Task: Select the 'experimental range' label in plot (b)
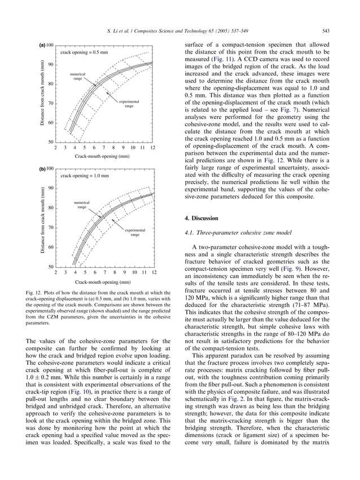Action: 135,232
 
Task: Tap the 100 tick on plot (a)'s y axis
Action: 50,45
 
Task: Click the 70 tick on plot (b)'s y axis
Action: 50,227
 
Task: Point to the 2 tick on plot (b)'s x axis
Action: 55,272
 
